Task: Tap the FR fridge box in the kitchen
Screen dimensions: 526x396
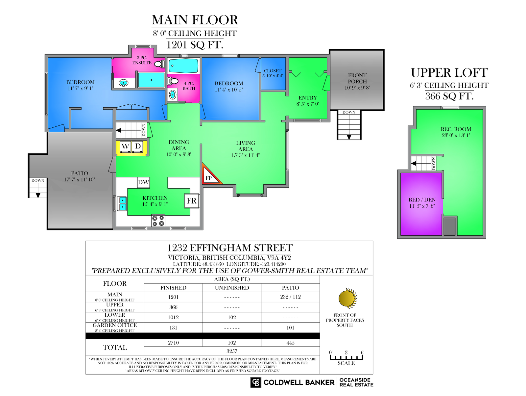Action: (x=191, y=201)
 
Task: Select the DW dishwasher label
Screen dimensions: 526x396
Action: (x=144, y=182)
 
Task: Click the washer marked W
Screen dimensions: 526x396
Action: (x=125, y=146)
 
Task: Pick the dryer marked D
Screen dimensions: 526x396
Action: (x=137, y=146)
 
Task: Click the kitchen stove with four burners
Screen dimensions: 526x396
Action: (x=158, y=221)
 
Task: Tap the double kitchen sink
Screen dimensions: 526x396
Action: (x=122, y=203)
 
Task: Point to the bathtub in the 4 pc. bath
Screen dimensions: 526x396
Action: (x=183, y=66)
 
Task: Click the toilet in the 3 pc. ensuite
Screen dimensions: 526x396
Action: (x=159, y=64)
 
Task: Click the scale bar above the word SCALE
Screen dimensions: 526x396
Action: (x=346, y=357)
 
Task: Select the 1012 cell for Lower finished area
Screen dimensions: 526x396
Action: (x=173, y=317)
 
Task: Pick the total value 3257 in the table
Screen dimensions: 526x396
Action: (x=232, y=351)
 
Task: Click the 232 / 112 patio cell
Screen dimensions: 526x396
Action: (x=290, y=297)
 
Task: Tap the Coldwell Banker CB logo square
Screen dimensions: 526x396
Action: (x=256, y=382)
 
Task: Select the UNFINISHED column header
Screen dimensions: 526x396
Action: (x=232, y=288)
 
